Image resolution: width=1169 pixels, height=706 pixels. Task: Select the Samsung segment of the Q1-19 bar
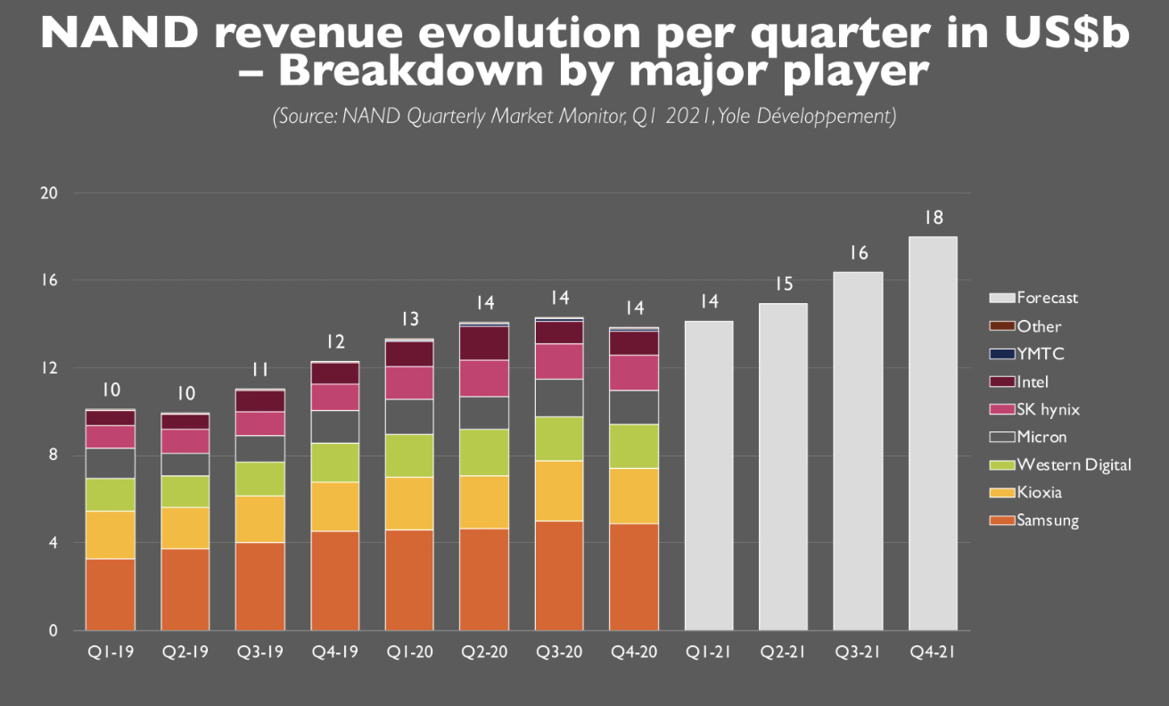point(110,595)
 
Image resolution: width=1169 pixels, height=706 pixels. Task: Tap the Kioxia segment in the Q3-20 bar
point(559,490)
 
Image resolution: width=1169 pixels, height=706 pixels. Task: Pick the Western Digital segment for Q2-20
point(484,452)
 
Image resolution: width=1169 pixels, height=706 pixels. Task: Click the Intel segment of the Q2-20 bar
point(484,342)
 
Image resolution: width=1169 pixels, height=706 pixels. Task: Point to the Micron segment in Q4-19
point(334,426)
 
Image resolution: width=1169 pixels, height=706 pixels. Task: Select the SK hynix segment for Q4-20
point(634,373)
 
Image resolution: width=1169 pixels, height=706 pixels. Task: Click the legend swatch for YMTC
point(1002,354)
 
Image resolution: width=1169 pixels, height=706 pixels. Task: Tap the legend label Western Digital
point(1074,464)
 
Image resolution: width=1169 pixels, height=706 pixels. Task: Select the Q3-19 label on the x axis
point(259,653)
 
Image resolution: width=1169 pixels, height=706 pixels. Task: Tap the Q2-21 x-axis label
point(784,653)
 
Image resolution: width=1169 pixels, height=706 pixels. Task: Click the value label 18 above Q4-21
point(933,218)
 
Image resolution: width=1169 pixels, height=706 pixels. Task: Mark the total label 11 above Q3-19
point(259,370)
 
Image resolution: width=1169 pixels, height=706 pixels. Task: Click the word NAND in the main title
point(111,34)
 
